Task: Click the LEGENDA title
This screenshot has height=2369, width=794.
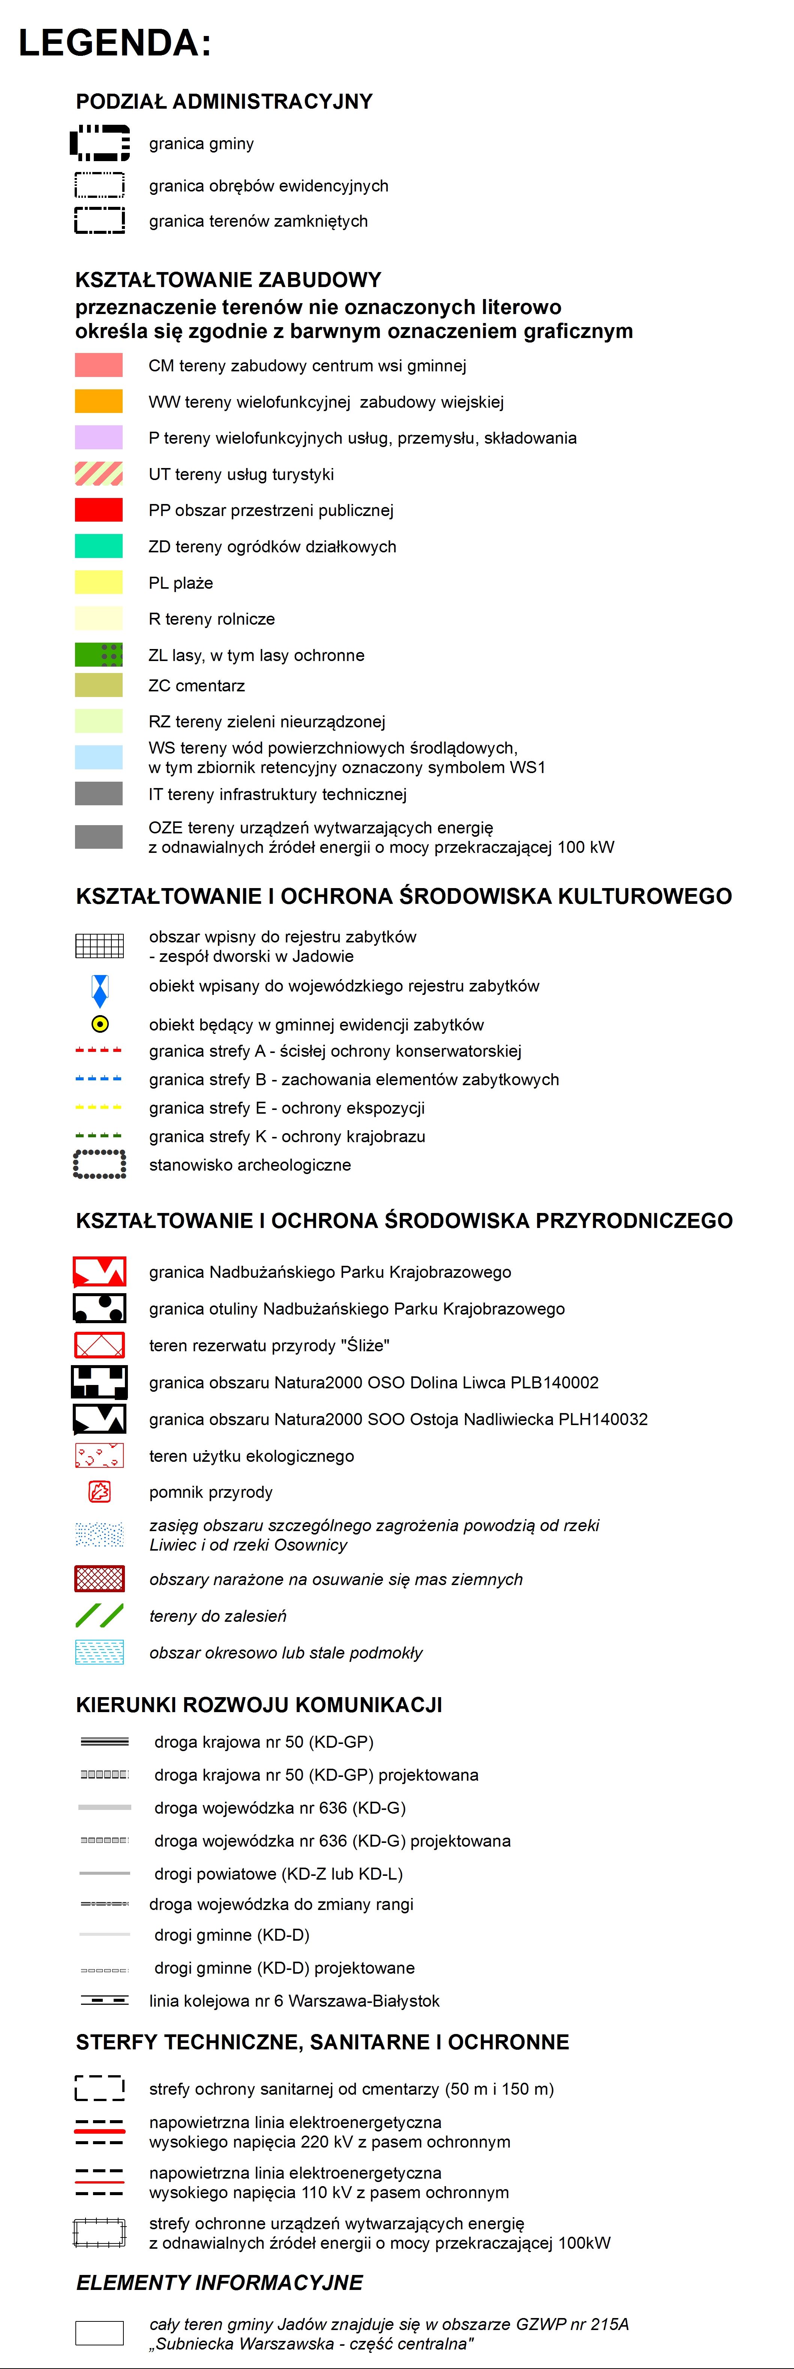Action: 115,43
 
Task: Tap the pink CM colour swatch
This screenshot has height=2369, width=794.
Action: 98,365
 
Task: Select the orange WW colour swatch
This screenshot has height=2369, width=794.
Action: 98,402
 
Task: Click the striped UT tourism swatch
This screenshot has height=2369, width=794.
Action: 98,474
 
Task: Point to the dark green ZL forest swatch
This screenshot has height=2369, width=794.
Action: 98,655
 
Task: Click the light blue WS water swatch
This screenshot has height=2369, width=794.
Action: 98,757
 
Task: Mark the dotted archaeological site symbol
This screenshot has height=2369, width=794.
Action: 99,1164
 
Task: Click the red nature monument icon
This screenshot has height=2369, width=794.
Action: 99,1492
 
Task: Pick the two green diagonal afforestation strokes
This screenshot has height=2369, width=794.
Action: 99,1616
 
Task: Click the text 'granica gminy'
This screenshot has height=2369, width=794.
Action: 201,144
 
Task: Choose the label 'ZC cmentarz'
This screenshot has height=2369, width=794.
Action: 197,685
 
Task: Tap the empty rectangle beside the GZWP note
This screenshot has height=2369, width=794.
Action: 99,2333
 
